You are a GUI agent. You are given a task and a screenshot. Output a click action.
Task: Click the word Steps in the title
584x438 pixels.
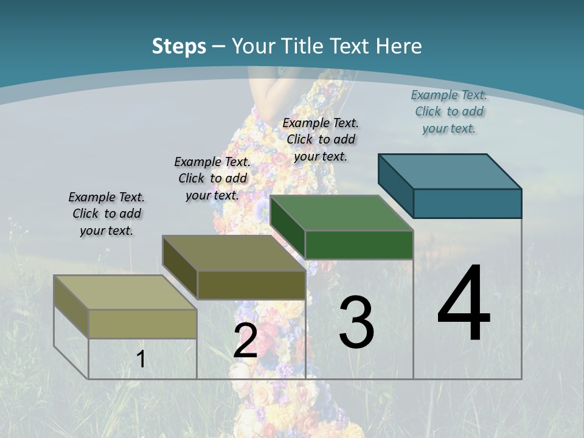coord(179,46)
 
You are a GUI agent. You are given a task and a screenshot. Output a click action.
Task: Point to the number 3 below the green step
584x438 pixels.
coord(356,322)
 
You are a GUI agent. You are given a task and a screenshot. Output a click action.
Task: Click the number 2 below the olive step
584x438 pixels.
coord(245,341)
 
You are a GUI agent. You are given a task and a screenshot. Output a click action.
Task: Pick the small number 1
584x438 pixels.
coord(141,359)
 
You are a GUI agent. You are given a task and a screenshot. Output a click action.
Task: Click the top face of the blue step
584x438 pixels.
coord(450,171)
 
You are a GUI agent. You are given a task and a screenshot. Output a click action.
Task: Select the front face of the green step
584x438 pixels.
coord(359,245)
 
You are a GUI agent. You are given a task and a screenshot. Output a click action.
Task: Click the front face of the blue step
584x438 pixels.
coord(467,203)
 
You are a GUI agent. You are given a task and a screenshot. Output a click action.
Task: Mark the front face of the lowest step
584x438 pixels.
coord(142,324)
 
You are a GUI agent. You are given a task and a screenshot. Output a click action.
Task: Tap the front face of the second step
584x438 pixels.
coord(251,285)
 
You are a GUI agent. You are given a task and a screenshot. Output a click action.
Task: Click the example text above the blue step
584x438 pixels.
coord(449,111)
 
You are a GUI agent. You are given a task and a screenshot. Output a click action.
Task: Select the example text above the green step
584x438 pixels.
coord(321,139)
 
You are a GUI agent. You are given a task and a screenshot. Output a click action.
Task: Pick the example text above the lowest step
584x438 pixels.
coord(106,214)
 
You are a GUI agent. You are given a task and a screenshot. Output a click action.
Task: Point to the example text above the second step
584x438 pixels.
coord(212,178)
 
